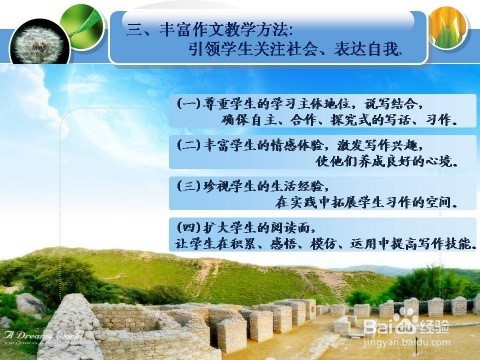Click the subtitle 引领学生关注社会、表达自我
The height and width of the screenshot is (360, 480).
[294, 49]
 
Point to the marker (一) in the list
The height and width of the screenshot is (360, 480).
[189, 102]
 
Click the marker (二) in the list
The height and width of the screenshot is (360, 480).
[189, 144]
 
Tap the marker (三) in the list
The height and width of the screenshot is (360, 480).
[189, 186]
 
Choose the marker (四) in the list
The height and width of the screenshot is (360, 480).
[189, 226]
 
